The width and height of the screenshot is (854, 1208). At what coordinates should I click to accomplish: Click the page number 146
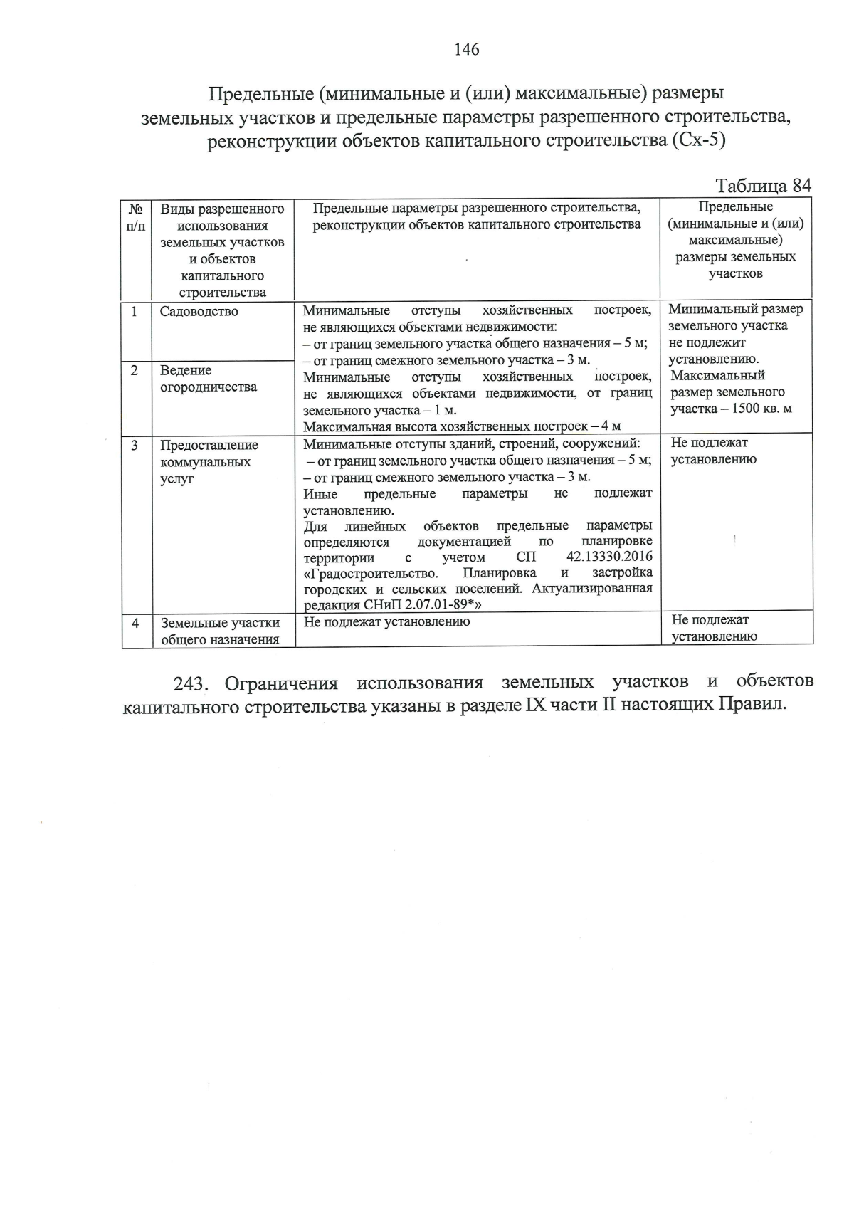467,50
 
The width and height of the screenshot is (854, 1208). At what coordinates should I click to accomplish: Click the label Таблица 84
763,186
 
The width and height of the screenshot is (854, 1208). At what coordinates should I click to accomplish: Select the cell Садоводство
199,312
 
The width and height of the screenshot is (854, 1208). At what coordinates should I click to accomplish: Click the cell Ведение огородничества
208,379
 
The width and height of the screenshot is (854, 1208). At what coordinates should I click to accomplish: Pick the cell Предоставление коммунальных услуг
209,462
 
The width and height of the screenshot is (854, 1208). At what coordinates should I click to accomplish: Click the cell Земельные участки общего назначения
219,631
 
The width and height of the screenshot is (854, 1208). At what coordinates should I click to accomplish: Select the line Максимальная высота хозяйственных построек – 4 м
463,426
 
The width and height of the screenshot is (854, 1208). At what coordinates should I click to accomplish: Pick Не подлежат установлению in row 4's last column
714,629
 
